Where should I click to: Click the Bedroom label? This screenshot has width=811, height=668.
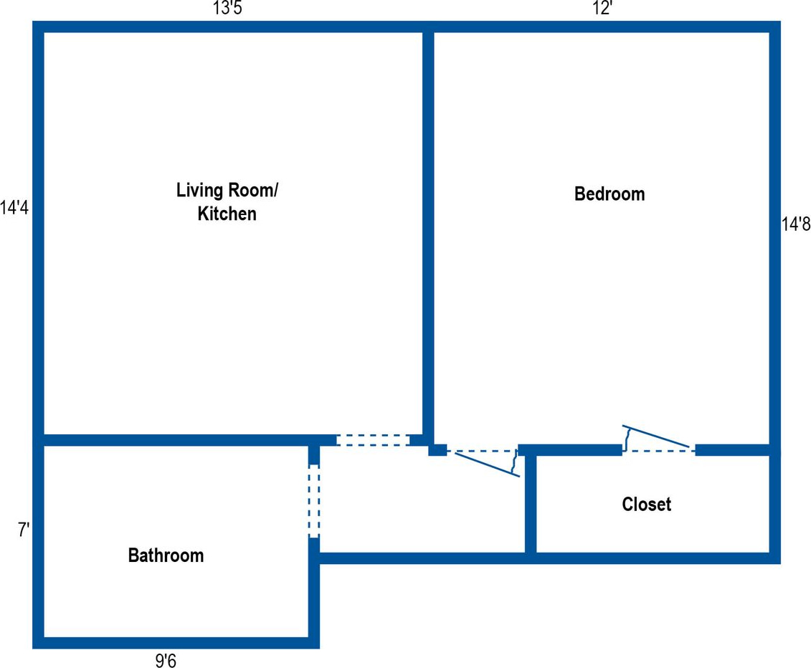click(x=609, y=194)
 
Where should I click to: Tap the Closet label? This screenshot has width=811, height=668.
click(x=646, y=505)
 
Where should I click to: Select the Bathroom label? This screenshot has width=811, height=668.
click(x=166, y=555)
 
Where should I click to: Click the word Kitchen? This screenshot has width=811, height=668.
click(x=227, y=214)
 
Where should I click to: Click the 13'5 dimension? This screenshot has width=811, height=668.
click(x=227, y=9)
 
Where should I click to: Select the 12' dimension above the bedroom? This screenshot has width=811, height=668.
click(x=602, y=9)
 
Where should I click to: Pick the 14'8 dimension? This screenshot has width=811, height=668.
click(x=795, y=224)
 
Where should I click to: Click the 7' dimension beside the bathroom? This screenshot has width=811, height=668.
click(x=23, y=531)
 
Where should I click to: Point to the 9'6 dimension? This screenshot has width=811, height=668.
click(x=166, y=660)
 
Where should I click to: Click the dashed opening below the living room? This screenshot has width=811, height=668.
click(x=372, y=440)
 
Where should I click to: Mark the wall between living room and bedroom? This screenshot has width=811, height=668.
click(x=428, y=229)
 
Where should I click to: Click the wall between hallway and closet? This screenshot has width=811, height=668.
click(x=531, y=502)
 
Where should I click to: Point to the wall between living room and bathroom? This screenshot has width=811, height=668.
click(x=179, y=440)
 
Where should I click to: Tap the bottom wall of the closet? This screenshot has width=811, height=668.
click(x=653, y=558)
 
